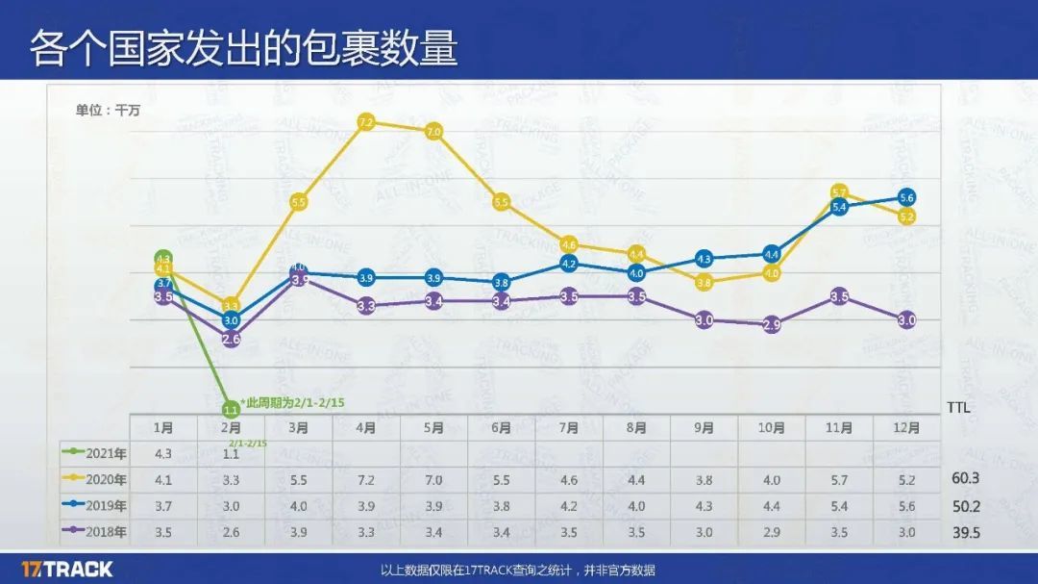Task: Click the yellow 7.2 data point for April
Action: tap(365, 122)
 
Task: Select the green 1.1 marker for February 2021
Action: tap(231, 409)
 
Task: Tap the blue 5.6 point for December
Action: tap(905, 197)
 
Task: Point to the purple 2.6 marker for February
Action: tap(231, 339)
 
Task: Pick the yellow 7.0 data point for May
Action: tap(432, 132)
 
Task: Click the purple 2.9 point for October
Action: tap(771, 325)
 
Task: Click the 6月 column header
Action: tap(501, 428)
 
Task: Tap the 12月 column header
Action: tap(905, 428)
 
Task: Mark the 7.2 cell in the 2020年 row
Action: tap(365, 480)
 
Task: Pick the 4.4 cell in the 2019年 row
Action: tap(771, 506)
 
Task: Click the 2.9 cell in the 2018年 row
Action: tap(771, 531)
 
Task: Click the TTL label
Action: tap(959, 407)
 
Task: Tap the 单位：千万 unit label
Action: tap(108, 110)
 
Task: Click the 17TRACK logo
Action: tap(67, 569)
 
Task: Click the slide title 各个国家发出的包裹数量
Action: tap(242, 48)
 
